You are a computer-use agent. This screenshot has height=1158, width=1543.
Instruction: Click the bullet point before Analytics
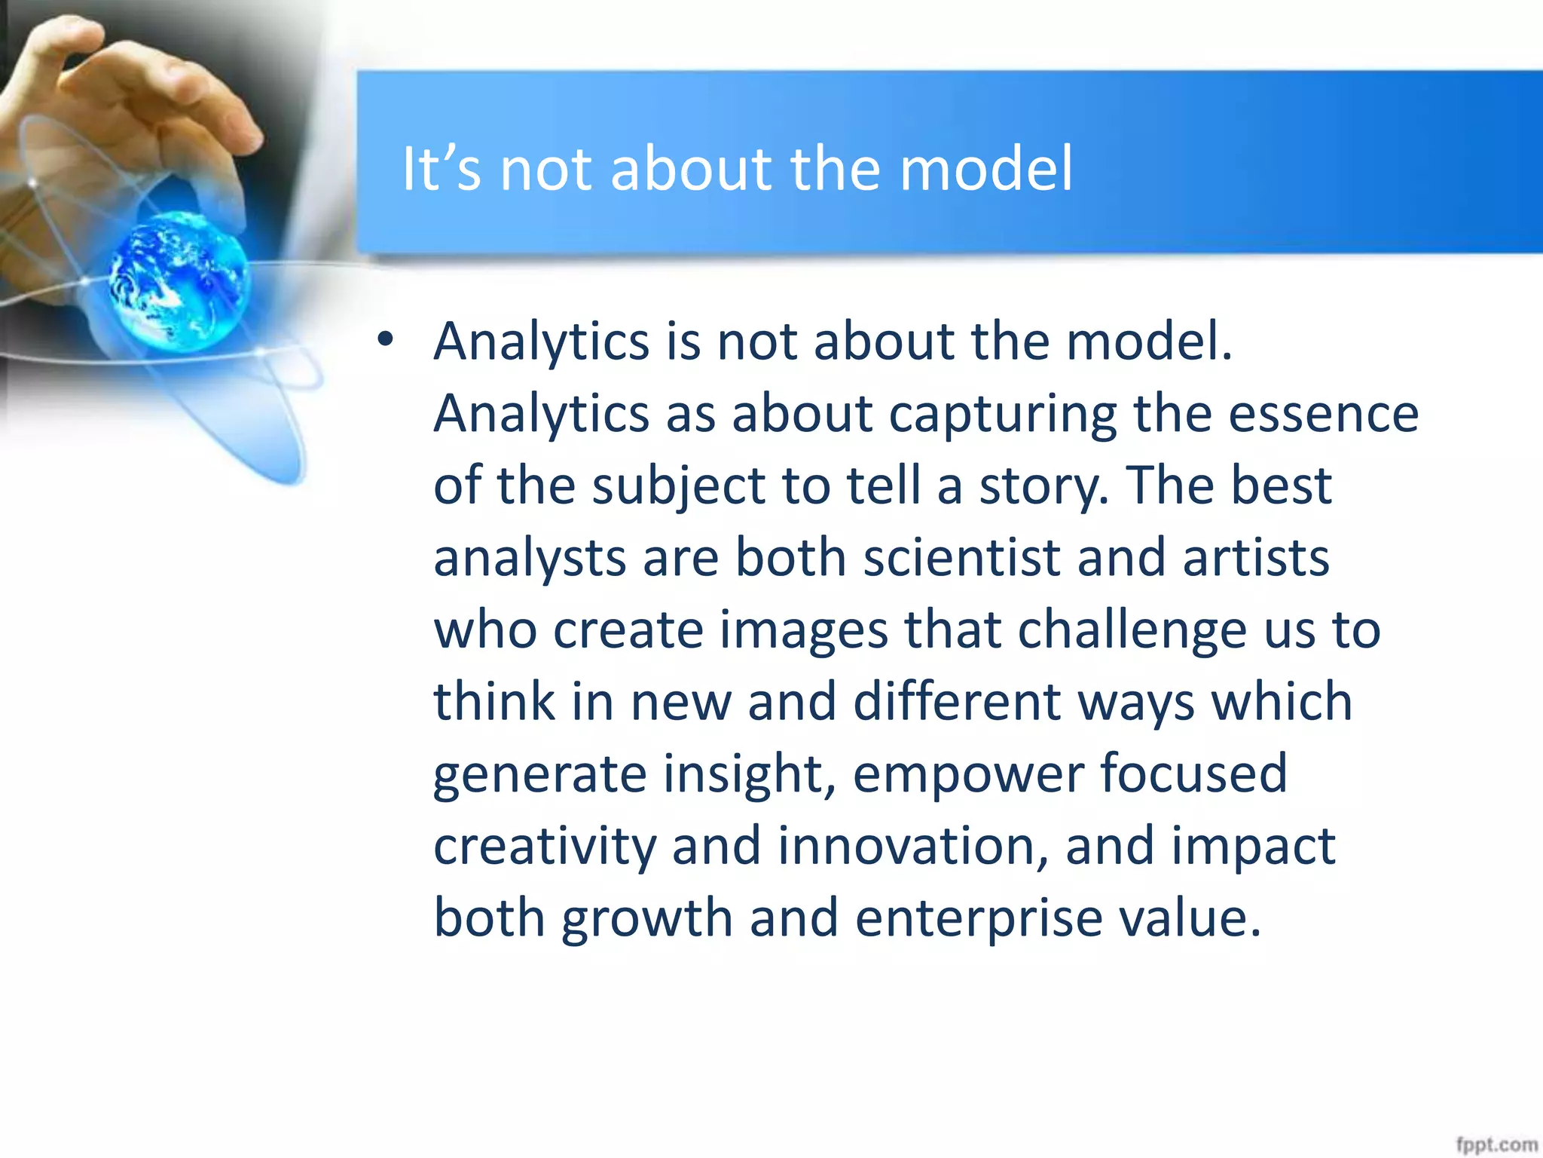point(386,340)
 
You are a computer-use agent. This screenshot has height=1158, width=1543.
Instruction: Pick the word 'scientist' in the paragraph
point(961,558)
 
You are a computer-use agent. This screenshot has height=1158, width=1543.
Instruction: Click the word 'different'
point(957,702)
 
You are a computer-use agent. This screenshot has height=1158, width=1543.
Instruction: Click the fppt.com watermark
point(1496,1144)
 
